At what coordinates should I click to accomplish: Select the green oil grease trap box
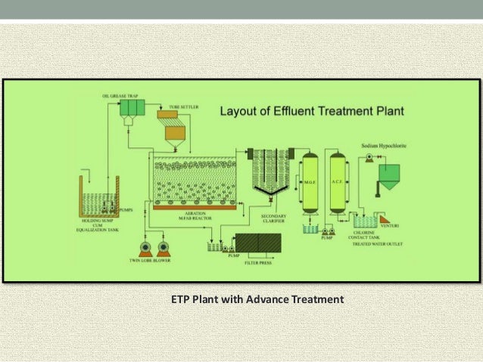[132, 109]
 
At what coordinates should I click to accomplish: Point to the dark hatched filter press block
[258, 243]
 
